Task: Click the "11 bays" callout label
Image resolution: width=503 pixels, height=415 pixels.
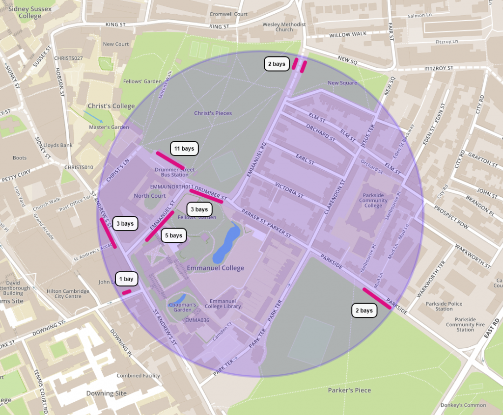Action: (185, 148)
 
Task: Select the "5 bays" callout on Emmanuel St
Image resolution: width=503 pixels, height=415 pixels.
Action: (173, 235)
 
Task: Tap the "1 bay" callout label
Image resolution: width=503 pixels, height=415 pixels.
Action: (126, 279)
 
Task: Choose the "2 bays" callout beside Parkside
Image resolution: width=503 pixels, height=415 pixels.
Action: (364, 311)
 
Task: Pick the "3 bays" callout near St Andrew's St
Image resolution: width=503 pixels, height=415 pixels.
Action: (125, 223)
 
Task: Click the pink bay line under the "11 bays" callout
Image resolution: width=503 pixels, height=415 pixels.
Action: (170, 160)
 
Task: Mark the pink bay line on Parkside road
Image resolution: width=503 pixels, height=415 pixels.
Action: (377, 298)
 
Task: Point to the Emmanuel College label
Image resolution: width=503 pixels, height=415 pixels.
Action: (215, 268)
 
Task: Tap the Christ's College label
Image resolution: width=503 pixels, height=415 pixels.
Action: (111, 106)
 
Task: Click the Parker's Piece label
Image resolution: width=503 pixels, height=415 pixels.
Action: (349, 390)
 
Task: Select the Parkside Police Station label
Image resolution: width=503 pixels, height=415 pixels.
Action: (444, 306)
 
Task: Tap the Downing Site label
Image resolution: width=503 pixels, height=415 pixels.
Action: (106, 393)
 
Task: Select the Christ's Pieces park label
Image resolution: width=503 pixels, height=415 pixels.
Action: (213, 113)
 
